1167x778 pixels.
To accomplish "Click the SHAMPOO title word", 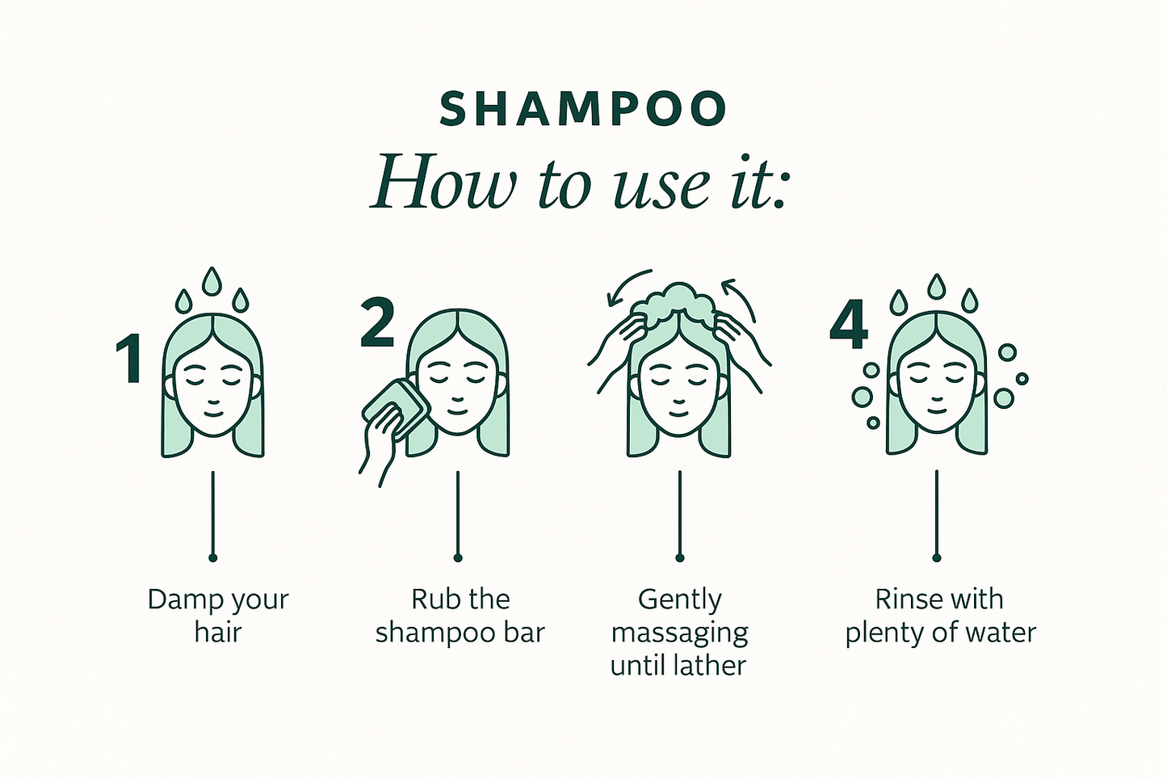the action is pos(583,108).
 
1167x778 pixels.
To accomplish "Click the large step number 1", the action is pos(128,359).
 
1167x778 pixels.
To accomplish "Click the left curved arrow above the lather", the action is pos(625,284).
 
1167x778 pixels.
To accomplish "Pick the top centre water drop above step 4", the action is pos(936,287).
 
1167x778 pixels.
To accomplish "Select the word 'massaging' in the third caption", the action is pos(679,634).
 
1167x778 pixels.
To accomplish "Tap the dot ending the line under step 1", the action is pos(212,558).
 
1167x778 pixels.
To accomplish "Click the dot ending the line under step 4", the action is pos(937,558).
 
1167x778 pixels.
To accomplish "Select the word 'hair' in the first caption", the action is pos(218,633).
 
